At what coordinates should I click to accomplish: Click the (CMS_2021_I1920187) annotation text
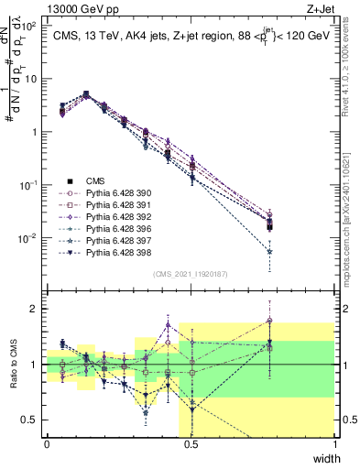point(191,274)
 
